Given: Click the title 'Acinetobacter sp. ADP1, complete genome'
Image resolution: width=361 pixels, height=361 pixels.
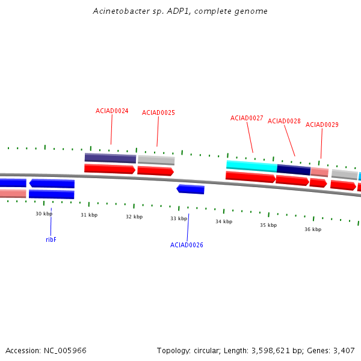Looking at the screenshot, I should pyautogui.click(x=180, y=11).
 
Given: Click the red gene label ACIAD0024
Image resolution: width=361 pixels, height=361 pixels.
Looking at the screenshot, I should pyautogui.click(x=112, y=111).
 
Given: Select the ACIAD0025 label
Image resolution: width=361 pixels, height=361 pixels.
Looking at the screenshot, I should pyautogui.click(x=158, y=113).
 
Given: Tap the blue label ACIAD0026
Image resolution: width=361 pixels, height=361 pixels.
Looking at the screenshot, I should pyautogui.click(x=187, y=245).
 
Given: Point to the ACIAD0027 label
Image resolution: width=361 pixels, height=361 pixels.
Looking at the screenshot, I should pyautogui.click(x=247, y=118).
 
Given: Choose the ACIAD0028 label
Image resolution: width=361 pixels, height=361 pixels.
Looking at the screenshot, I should pyautogui.click(x=284, y=121).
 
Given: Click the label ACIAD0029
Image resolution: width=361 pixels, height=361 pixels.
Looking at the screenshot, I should pyautogui.click(x=322, y=125).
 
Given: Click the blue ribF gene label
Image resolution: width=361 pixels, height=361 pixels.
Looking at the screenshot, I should pyautogui.click(x=51, y=239).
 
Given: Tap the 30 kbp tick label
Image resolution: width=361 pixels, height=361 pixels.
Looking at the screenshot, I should pyautogui.click(x=44, y=214).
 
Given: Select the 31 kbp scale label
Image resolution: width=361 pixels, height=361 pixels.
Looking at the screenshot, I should pyautogui.click(x=89, y=215).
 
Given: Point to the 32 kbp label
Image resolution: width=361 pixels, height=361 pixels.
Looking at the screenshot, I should pyautogui.click(x=134, y=217).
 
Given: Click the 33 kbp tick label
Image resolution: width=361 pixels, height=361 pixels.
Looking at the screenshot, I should pyautogui.click(x=179, y=218).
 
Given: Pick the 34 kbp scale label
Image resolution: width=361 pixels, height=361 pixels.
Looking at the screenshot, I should pyautogui.click(x=224, y=221).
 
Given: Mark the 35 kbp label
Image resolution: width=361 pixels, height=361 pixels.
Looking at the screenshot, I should pyautogui.click(x=268, y=225).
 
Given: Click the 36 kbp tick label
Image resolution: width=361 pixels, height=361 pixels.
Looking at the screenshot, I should pyautogui.click(x=313, y=229).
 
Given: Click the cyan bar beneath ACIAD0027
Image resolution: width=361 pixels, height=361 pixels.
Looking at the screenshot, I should pyautogui.click(x=251, y=165).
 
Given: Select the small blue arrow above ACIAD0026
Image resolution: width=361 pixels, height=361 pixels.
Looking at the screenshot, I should pyautogui.click(x=190, y=189).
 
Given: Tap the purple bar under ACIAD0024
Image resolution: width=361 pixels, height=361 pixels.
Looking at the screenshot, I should pyautogui.click(x=110, y=158).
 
